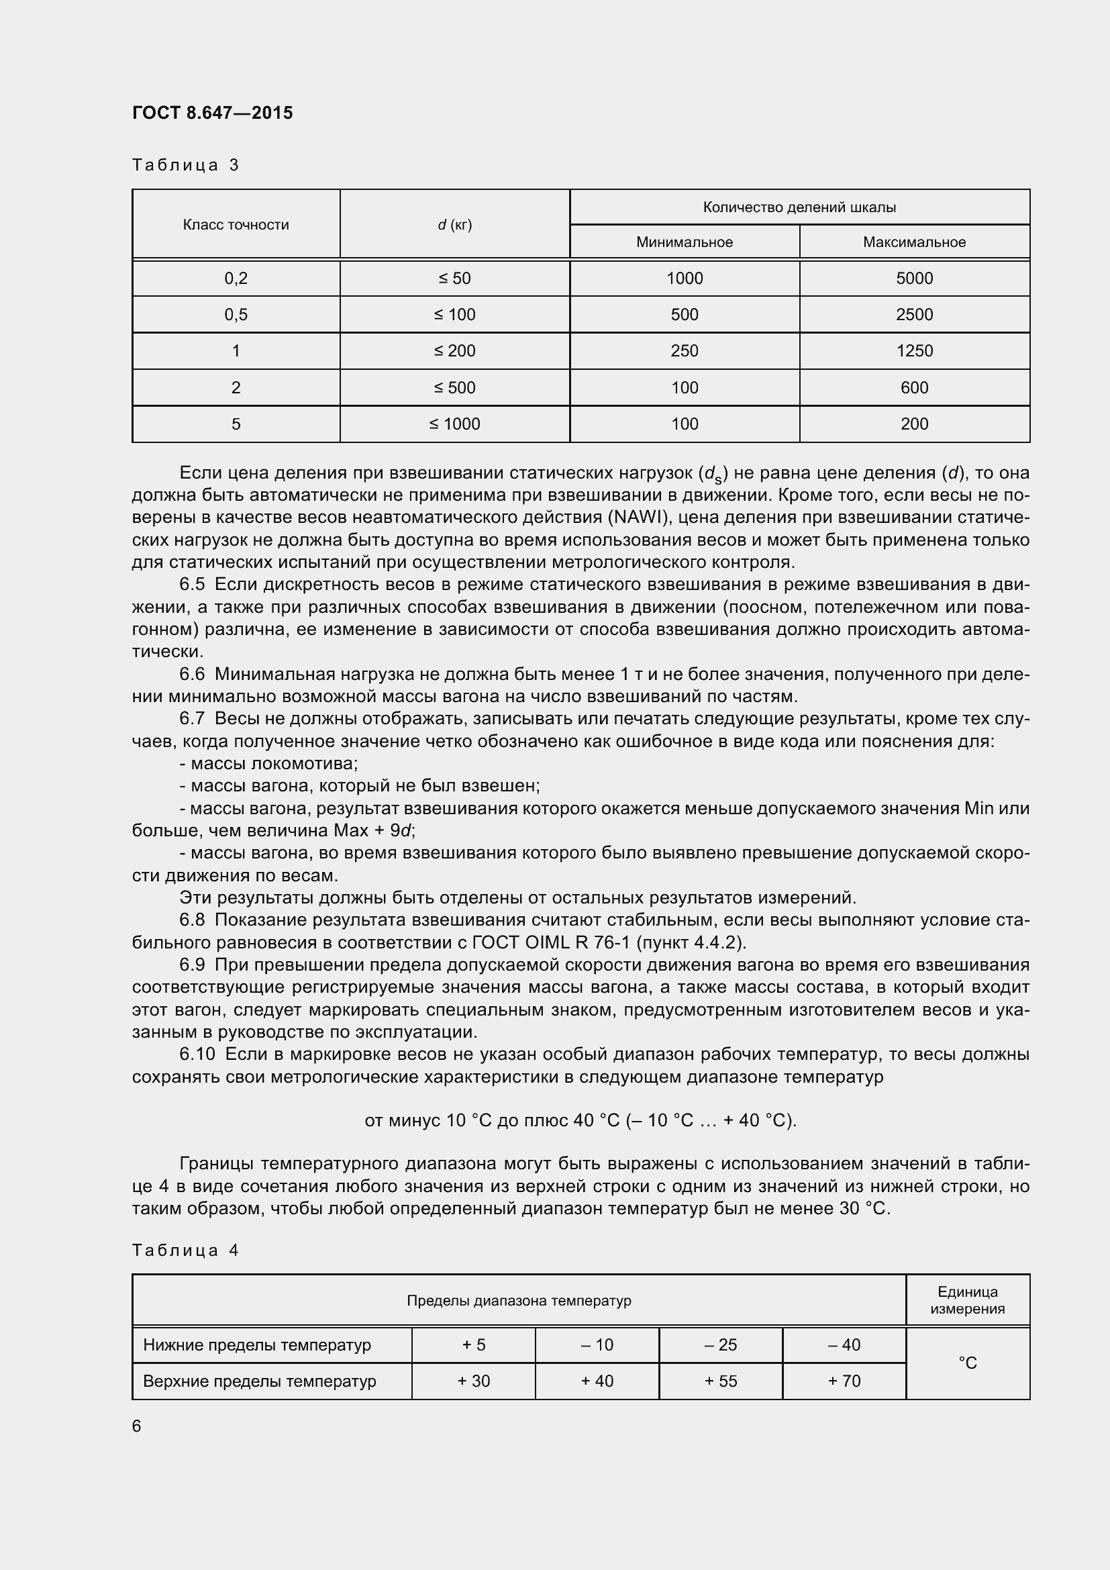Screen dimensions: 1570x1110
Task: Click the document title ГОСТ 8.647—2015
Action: [212, 113]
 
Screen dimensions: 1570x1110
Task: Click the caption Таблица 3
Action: [185, 165]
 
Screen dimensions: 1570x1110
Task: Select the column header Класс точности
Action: [236, 225]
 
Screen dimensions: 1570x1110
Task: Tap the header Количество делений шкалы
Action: [799, 207]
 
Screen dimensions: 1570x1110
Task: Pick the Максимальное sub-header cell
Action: [914, 242]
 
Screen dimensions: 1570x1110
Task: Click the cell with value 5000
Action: [914, 279]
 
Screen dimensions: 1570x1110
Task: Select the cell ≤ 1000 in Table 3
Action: [454, 424]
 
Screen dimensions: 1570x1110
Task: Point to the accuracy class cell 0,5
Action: [236, 315]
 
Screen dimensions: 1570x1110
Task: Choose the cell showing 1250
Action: [914, 351]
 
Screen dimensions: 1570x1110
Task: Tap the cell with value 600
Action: [914, 388]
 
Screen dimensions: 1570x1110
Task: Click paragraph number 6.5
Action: [192, 585]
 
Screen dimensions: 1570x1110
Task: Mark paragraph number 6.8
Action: [192, 920]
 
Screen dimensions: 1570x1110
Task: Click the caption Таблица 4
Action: [185, 1250]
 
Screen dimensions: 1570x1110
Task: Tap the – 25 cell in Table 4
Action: [720, 1345]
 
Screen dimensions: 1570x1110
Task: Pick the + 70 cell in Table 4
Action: [844, 1381]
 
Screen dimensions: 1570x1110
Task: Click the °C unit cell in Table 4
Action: [967, 1363]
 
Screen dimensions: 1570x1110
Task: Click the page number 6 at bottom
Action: [137, 1426]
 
